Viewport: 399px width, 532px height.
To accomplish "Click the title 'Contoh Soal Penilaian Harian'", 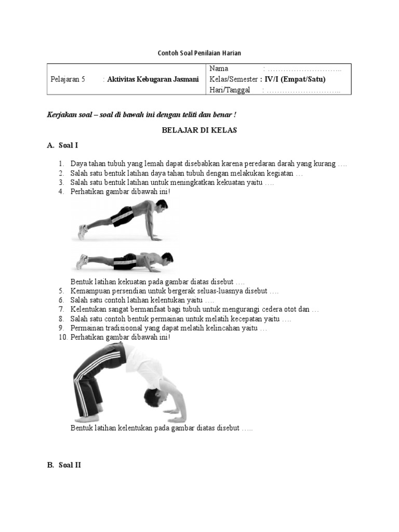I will (x=199, y=53).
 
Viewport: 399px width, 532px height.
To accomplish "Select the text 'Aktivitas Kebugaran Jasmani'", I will (x=153, y=79).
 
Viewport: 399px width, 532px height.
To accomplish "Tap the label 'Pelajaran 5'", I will (x=68, y=79).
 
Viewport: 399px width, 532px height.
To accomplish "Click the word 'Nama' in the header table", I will (x=219, y=69).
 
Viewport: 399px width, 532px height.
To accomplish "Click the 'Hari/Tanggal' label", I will (x=230, y=90).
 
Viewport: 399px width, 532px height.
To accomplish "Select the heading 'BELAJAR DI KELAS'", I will (x=199, y=130).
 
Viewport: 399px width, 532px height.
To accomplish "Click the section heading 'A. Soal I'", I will (x=63, y=145).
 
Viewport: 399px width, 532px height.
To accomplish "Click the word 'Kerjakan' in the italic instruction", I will (x=61, y=115).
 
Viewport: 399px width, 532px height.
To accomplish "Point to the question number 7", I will (x=61, y=310).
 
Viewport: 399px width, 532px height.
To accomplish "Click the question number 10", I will (x=62, y=337).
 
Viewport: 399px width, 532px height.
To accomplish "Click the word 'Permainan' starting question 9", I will (x=87, y=328).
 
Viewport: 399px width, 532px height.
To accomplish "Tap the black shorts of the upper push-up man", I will (x=123, y=216).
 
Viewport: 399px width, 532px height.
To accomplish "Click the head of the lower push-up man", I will (x=167, y=258).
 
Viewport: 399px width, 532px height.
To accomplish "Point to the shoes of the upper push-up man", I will (x=82, y=231).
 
